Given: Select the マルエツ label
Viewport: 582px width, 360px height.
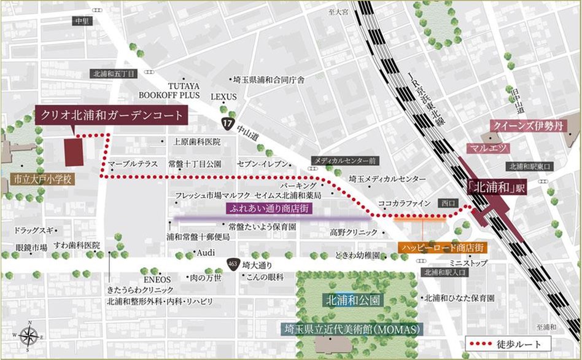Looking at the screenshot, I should coord(486,148).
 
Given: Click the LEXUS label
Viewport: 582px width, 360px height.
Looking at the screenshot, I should coord(223,96).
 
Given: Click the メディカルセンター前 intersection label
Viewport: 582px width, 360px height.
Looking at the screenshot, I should coord(344,160).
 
